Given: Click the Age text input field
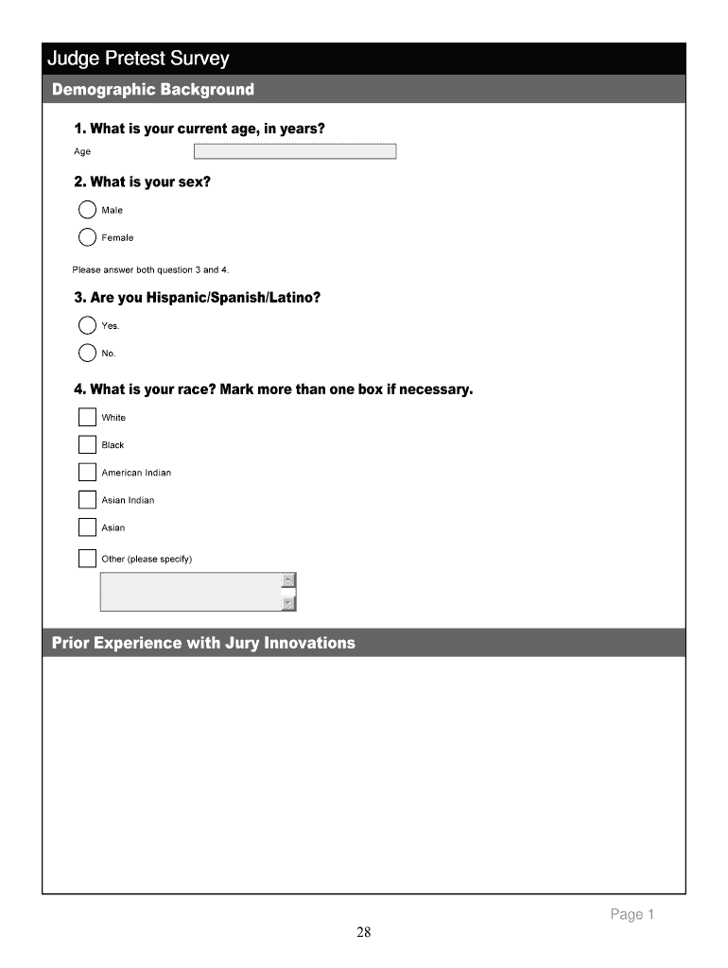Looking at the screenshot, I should tap(295, 151).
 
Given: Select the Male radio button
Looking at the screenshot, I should tap(87, 210).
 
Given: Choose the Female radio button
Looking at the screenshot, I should tap(87, 237).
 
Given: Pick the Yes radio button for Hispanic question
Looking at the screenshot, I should tap(87, 326).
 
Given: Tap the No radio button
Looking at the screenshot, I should tap(87, 354).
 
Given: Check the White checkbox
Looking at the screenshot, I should tap(87, 417).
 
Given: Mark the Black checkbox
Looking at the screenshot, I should tap(87, 444).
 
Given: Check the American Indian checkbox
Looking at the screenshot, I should tap(87, 472).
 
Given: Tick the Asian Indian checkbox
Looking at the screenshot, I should tap(87, 500).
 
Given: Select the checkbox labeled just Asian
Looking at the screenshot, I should tap(87, 527).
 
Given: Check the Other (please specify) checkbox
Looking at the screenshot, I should tap(87, 559).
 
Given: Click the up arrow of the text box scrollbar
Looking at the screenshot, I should tap(289, 580).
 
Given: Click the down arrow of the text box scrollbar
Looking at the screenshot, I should tap(289, 603).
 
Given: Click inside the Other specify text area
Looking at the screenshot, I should tap(189, 592).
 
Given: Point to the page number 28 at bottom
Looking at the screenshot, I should tap(364, 934).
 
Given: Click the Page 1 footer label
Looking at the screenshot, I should tap(632, 914).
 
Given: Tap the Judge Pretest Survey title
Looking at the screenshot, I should tap(139, 60).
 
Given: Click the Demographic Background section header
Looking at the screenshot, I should tap(153, 90).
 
